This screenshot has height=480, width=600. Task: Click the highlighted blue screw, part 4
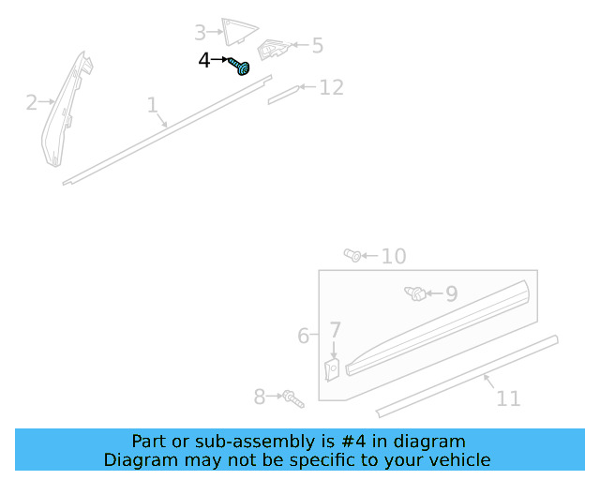pos(242,67)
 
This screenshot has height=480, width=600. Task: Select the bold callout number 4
pos(204,61)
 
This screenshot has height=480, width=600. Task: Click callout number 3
pos(201,33)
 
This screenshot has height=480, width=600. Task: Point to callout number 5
pos(317,45)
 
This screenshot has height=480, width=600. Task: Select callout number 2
pos(32,102)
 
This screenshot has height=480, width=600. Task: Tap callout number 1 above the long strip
pos(152,105)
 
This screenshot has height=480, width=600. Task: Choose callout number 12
pos(331,87)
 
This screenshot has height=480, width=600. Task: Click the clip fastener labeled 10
pos(352,254)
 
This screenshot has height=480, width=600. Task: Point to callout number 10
pos(393,256)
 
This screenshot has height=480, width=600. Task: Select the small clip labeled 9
pos(412,293)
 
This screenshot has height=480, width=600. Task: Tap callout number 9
pos(451,293)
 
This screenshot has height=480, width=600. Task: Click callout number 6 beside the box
pos(303,335)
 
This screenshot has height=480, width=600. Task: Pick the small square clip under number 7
pos(333,369)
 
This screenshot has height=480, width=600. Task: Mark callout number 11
pos(508,398)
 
